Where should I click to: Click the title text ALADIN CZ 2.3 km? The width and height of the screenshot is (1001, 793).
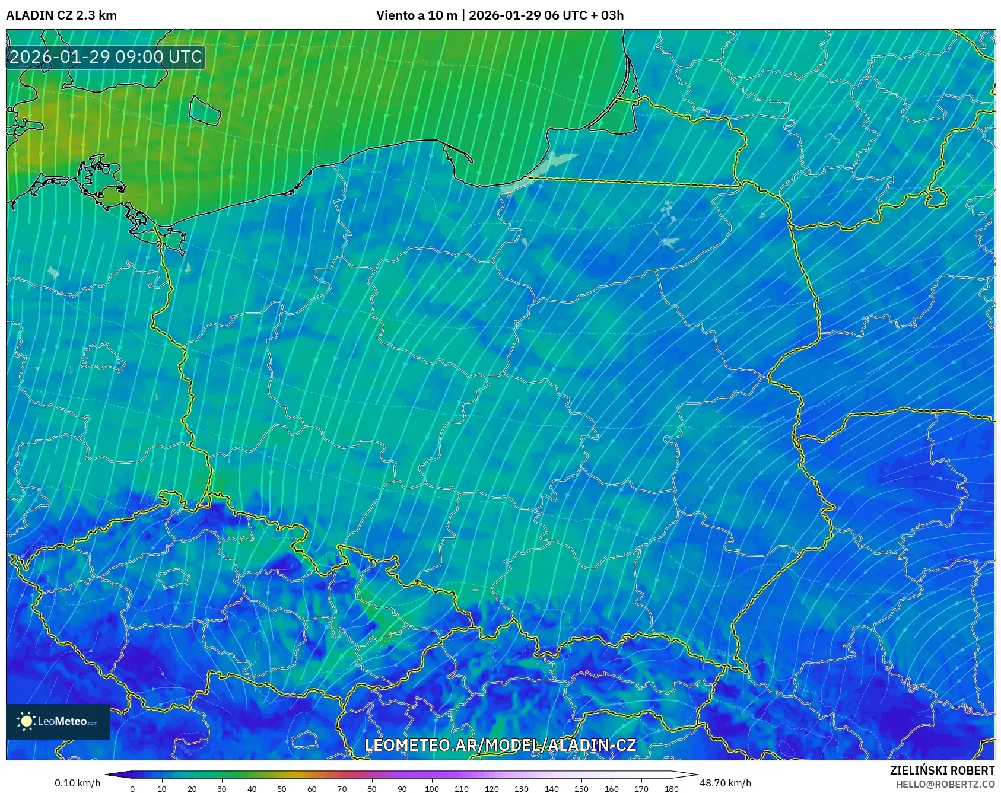tap(61, 15)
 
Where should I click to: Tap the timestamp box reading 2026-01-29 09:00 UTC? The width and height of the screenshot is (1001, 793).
tap(106, 57)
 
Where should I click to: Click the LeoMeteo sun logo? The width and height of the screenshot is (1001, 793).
tap(26, 721)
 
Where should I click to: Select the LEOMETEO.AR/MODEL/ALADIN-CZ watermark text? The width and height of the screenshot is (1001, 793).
tap(500, 746)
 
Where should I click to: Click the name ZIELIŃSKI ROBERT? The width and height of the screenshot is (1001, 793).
tap(942, 770)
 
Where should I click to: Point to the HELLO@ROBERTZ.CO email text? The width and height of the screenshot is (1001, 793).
tap(945, 784)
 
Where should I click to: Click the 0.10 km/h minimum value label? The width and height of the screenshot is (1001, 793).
tap(77, 783)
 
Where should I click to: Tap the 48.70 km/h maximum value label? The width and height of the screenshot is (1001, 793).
tap(725, 783)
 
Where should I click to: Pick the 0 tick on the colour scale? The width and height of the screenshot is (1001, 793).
tap(132, 789)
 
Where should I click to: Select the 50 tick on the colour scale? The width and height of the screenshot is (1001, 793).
tap(282, 789)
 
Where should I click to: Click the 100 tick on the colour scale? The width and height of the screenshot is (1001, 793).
tap(431, 789)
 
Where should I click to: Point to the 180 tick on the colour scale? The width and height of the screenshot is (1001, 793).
tap(671, 789)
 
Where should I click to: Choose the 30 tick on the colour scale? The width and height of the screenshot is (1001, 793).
tap(222, 789)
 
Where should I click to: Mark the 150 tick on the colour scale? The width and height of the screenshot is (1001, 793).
tap(581, 789)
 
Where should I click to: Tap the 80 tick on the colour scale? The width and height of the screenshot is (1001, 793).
tap(371, 789)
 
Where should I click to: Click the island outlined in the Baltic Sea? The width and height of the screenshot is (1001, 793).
tap(205, 110)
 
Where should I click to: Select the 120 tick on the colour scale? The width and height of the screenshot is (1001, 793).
tap(491, 789)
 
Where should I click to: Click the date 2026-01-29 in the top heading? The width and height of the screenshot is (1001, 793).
tap(505, 15)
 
